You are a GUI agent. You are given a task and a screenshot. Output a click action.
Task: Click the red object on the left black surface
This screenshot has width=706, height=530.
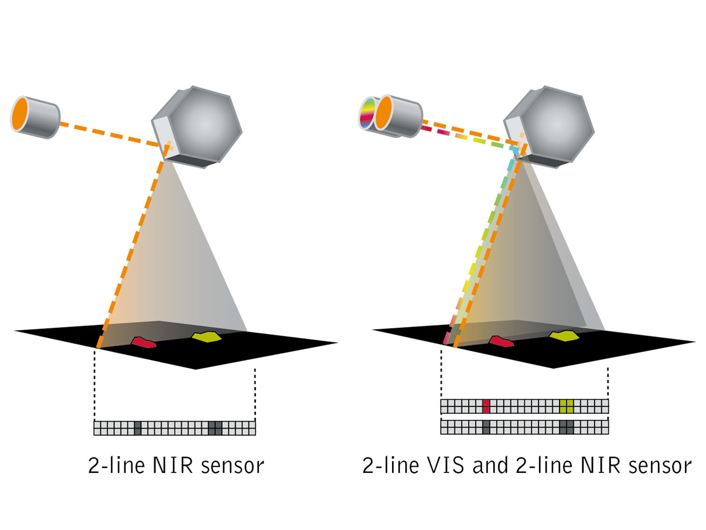point(144,342)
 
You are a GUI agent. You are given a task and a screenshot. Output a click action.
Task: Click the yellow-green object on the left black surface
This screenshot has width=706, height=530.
point(206,337)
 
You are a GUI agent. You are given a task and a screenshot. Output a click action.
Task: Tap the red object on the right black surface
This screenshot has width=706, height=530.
point(501,341)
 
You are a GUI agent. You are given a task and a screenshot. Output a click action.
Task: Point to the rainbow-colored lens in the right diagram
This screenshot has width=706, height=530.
point(367,113)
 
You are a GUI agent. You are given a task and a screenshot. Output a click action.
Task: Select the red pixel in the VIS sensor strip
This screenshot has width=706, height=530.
point(486,406)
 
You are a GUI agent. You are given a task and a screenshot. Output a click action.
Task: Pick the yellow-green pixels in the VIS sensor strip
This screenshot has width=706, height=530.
point(567,406)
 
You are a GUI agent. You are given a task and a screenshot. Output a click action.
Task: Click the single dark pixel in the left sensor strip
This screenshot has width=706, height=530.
point(137,428)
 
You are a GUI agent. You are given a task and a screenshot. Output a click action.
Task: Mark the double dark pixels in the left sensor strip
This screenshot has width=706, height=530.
point(215,428)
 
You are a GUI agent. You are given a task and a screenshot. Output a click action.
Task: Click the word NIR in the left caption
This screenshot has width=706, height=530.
point(173,466)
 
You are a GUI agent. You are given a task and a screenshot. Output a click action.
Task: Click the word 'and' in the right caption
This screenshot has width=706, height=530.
point(490,466)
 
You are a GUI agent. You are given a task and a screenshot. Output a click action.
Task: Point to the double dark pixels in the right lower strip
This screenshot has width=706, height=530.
point(567,427)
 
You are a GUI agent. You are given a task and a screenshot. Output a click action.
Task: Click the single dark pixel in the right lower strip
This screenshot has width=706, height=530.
point(486,427)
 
